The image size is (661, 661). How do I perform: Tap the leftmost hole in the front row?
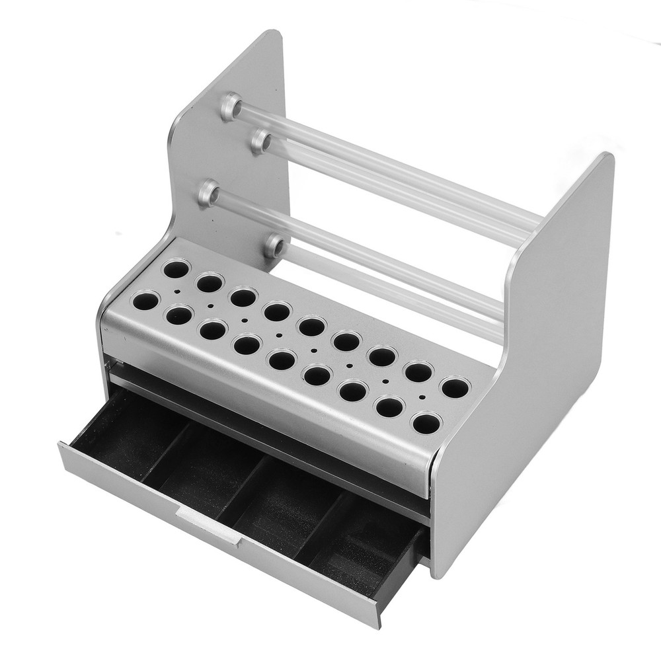click(145, 301)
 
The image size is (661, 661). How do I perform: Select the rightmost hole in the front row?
click(426, 422)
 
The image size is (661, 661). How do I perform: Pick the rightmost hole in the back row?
click(455, 387)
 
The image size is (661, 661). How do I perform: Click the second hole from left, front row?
click(179, 315)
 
